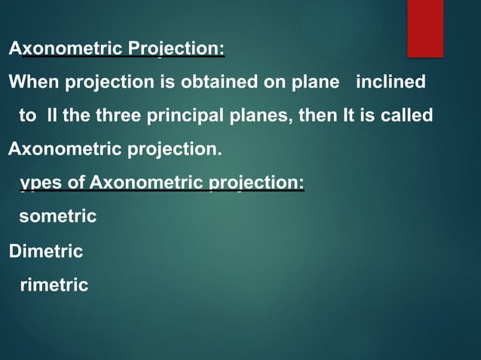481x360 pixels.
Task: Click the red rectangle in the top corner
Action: (425, 28)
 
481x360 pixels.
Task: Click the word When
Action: (31, 82)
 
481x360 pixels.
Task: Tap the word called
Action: (407, 116)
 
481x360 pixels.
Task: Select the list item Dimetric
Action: (45, 252)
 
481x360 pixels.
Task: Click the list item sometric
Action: (57, 217)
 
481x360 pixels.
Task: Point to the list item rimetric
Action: (54, 285)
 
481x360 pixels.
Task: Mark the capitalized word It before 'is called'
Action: (353, 116)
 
